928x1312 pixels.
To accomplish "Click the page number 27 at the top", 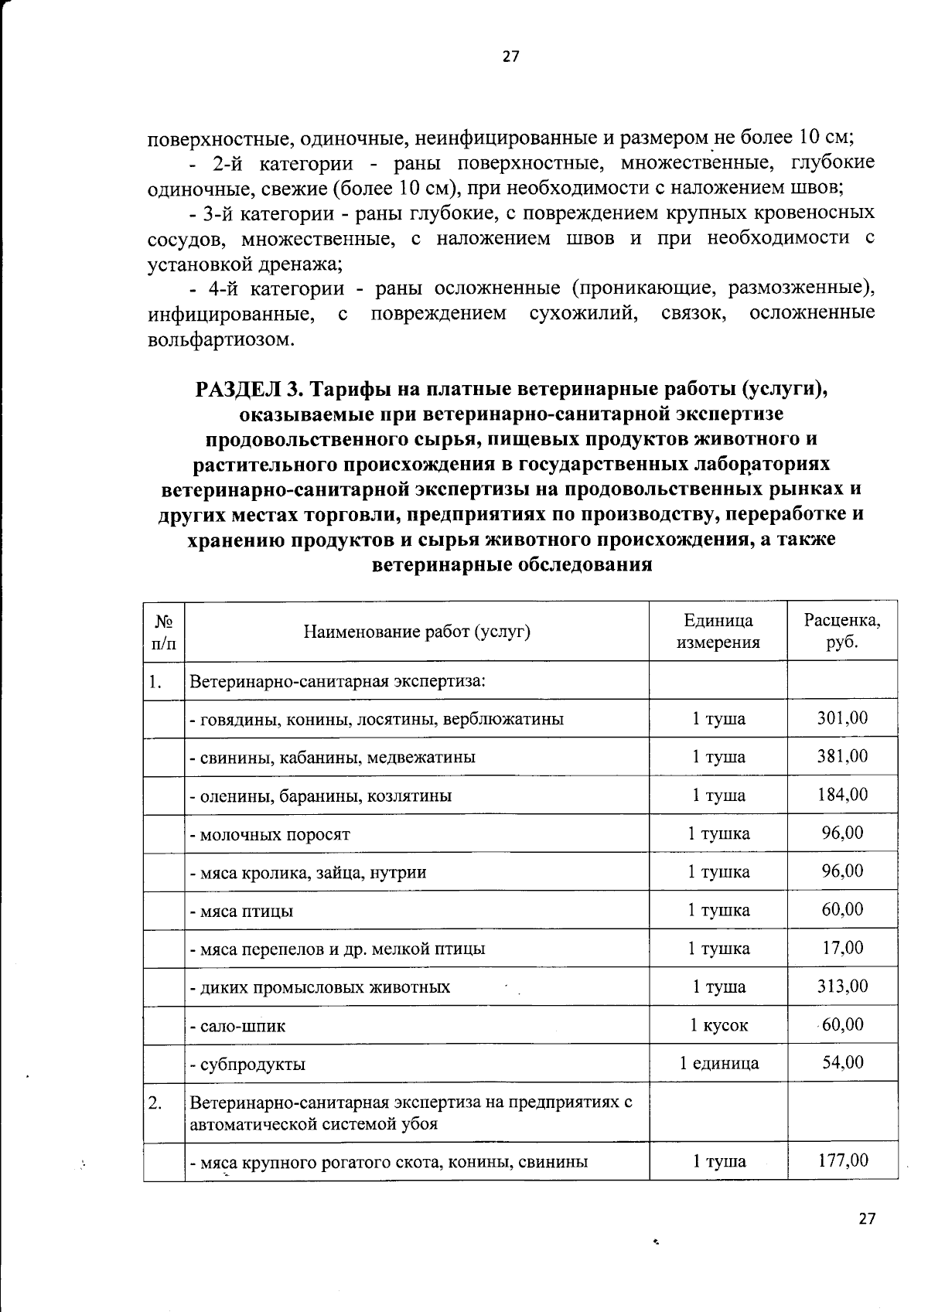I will pos(510,56).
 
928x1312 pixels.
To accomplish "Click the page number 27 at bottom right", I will pos(867,1218).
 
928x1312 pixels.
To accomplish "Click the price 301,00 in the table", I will pos(842,718).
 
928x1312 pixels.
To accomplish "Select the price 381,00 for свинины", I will pos(842,756).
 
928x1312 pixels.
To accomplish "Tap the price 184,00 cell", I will pos(842,795).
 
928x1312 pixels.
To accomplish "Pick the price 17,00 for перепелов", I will pos(842,948).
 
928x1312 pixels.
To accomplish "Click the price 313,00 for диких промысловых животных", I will pos(842,987).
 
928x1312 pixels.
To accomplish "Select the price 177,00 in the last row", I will pos(842,1160).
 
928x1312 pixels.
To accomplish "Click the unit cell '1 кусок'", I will pos(718,1025).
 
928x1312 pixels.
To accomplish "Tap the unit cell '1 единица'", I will pos(718,1063).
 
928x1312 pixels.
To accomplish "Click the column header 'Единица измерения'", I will pos(718,631).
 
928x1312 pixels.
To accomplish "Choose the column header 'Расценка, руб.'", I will pos(842,631).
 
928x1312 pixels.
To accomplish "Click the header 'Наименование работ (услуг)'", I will pos(417,632).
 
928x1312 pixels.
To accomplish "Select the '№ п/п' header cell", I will pos(164,631).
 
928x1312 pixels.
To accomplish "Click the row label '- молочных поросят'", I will pos(270,834).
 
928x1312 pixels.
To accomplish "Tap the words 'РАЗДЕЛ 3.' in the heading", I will pos(245,388).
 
